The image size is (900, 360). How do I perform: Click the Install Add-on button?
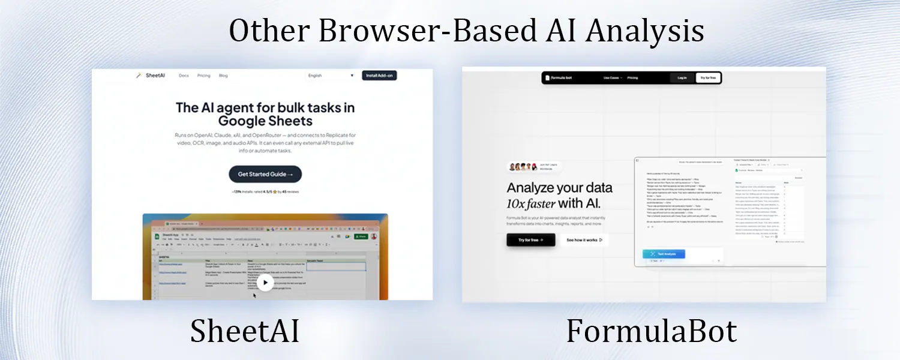coord(379,76)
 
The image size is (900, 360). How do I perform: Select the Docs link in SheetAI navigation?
coord(184,76)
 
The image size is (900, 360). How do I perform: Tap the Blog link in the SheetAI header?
coord(223,76)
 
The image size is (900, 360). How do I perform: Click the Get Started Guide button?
coord(265,174)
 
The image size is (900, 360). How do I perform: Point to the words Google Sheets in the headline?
coord(265,121)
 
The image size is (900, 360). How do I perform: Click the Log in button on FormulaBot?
coord(682,78)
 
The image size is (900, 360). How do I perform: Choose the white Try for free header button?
coord(708,78)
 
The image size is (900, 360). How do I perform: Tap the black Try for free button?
coord(530,240)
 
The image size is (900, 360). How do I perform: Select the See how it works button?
coord(584,240)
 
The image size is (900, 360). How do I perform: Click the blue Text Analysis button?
coord(663,254)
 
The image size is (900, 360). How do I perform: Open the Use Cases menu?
coord(613,78)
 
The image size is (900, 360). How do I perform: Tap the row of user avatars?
coord(520,167)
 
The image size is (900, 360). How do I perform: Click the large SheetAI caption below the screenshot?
coord(245,331)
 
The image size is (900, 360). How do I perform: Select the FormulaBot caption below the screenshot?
coord(652,331)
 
